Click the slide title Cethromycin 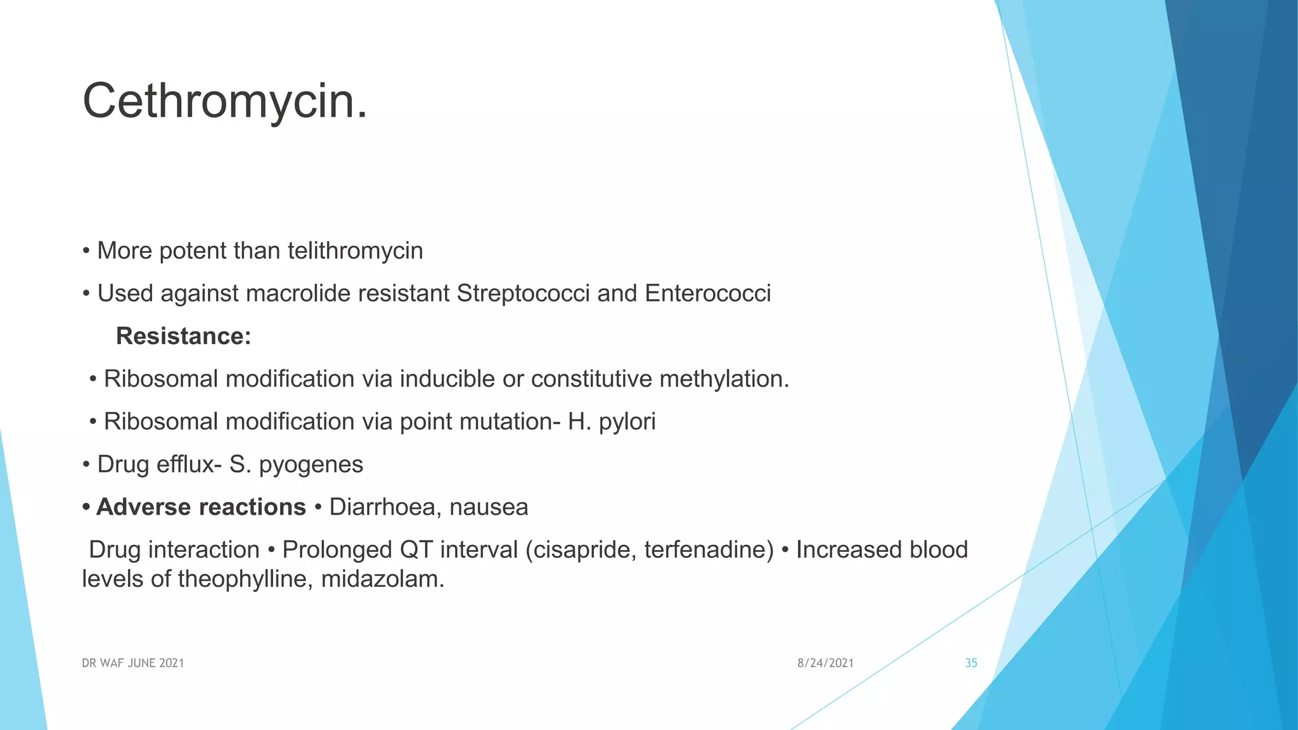point(225,101)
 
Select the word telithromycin point(355,251)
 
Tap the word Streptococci point(523,294)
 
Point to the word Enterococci point(707,294)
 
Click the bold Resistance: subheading point(184,336)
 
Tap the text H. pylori point(612,422)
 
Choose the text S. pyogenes point(296,465)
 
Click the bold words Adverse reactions point(201,508)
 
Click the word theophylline point(245,579)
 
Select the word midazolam point(382,579)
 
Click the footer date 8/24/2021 point(825,663)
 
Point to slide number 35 point(971,663)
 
